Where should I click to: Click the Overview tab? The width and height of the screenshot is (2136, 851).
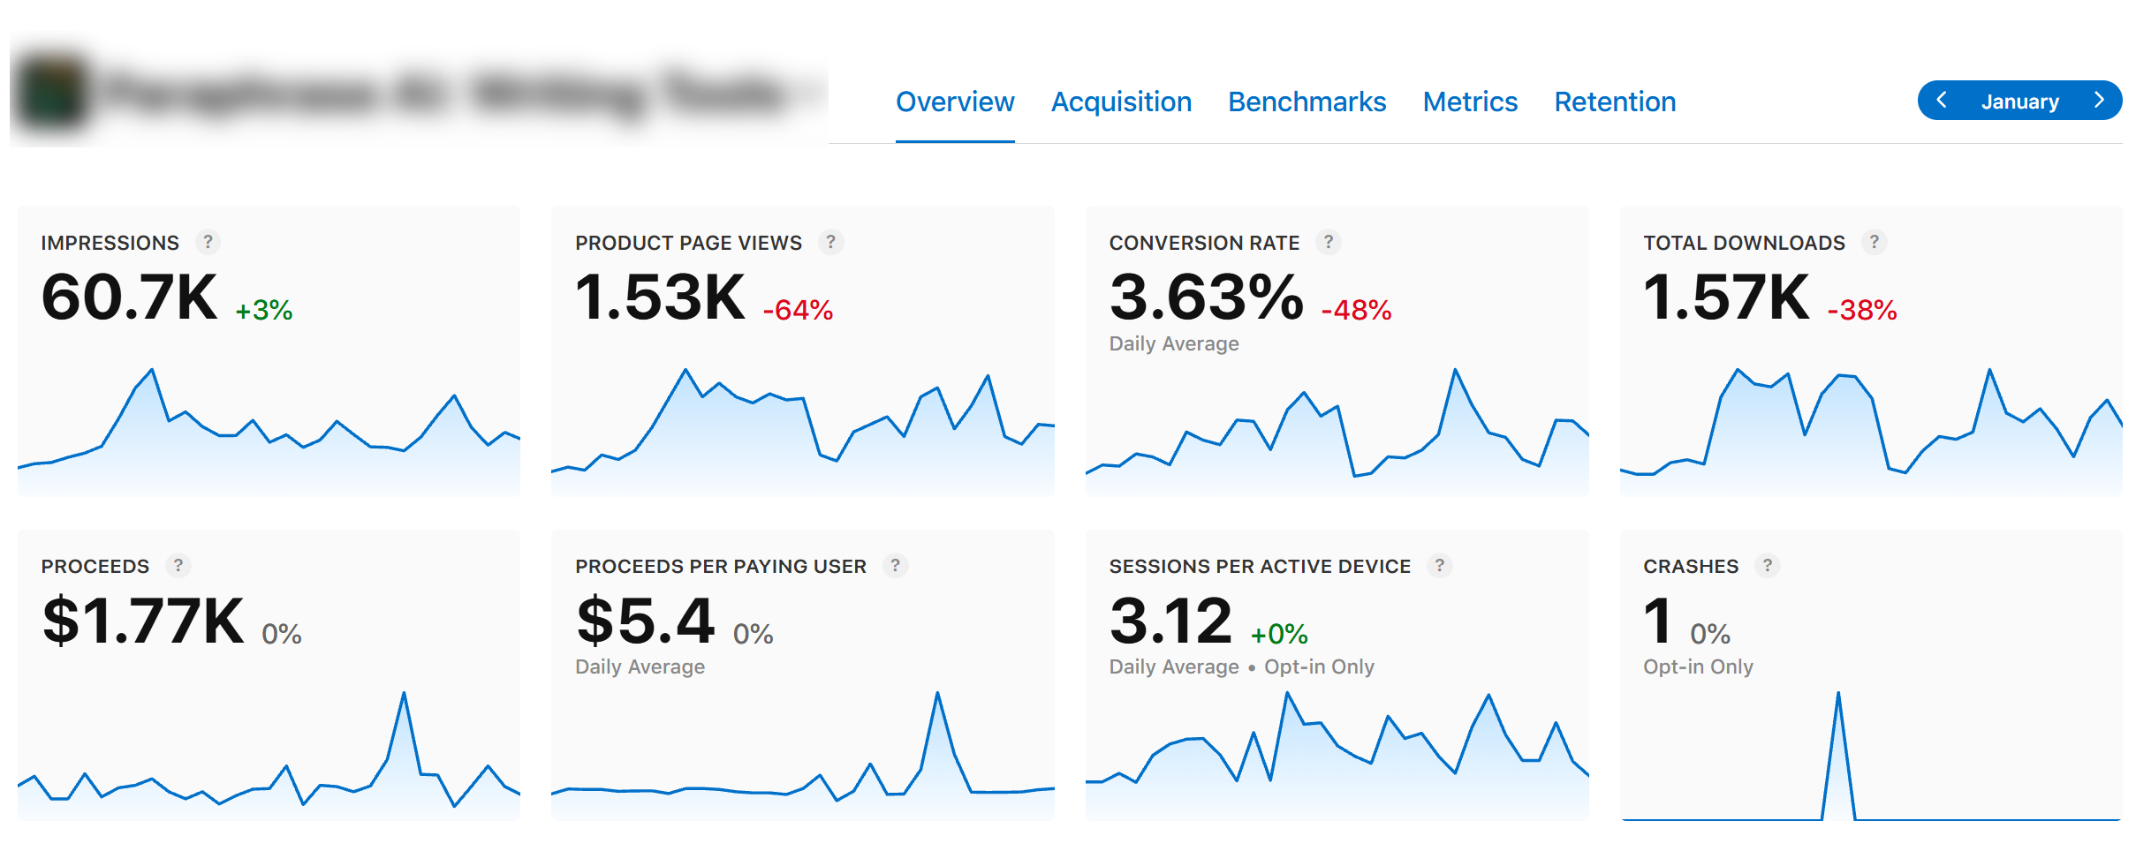(x=954, y=102)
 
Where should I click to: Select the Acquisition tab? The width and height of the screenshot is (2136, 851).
(x=1120, y=102)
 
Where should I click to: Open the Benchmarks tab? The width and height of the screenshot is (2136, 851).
(x=1307, y=102)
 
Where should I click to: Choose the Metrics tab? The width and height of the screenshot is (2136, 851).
(x=1469, y=102)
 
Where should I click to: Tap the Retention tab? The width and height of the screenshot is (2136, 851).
(x=1614, y=102)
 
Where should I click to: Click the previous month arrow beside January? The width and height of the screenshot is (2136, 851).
(x=1941, y=101)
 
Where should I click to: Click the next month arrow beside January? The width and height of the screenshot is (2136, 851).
(x=2099, y=101)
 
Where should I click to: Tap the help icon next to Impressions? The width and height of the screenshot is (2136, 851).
(x=208, y=242)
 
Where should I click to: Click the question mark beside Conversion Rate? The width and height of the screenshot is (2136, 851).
(x=1328, y=242)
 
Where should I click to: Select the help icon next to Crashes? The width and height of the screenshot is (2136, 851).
(x=1767, y=566)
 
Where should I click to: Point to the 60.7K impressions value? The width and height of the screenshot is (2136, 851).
(x=129, y=297)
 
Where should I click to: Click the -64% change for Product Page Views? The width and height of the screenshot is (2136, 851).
(x=798, y=310)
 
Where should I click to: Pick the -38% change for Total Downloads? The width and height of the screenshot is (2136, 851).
(x=1861, y=310)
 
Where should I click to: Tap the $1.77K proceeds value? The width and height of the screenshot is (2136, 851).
(x=143, y=621)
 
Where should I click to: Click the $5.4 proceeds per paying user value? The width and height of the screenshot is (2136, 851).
(x=645, y=621)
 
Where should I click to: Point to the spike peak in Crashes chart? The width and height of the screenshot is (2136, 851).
(x=1837, y=694)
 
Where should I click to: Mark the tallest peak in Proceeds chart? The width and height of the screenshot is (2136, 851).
(x=404, y=694)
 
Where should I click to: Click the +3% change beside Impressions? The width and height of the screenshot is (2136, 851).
(x=263, y=310)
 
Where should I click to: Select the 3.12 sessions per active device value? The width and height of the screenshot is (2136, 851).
(x=1170, y=621)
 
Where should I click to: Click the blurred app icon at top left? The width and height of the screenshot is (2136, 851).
(x=53, y=93)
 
